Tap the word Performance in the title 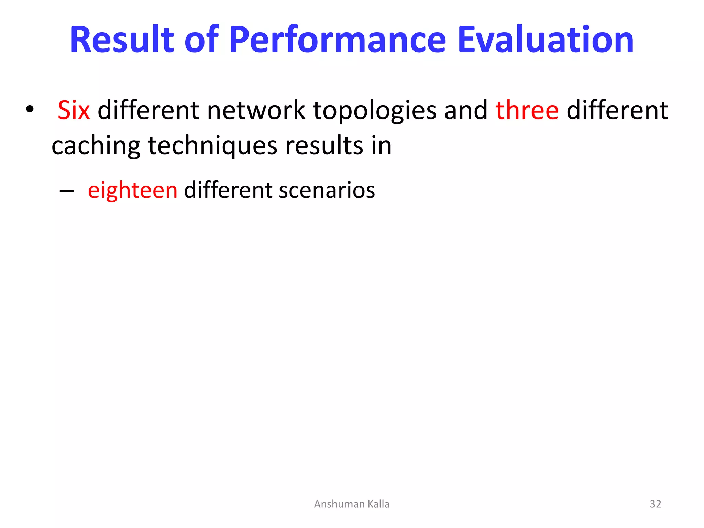click(337, 40)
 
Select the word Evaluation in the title click(546, 40)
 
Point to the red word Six click(74, 111)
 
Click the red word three click(527, 111)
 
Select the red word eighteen click(133, 190)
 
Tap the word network click(256, 111)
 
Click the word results click(324, 146)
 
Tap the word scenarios click(327, 190)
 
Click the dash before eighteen click(67, 191)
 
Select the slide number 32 click(655, 504)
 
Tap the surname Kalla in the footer click(378, 504)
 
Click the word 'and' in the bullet click(466, 111)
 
